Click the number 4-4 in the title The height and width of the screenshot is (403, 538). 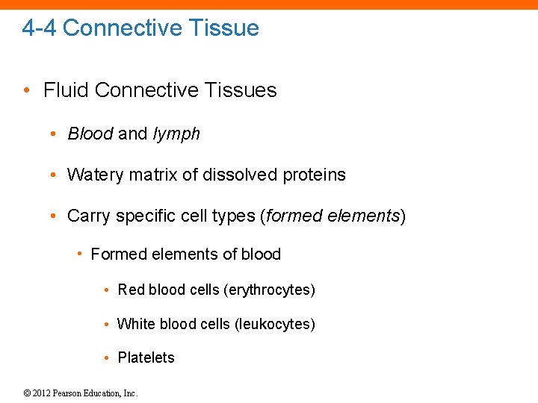coord(40,28)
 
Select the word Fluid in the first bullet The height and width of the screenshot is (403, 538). coord(67,90)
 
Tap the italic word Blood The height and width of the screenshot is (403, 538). coord(90,134)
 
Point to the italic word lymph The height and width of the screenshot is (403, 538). coord(176,134)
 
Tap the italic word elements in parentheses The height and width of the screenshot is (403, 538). coord(366,216)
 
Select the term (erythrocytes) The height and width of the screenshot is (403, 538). coord(269,290)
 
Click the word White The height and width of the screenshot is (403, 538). coord(134,324)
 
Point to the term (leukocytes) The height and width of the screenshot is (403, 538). coord(274,324)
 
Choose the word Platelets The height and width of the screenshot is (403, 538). coord(146,357)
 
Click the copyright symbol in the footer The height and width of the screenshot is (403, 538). coord(27,393)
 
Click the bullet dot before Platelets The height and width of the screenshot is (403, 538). coord(108,358)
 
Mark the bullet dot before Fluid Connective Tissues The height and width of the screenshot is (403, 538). coord(27,91)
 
